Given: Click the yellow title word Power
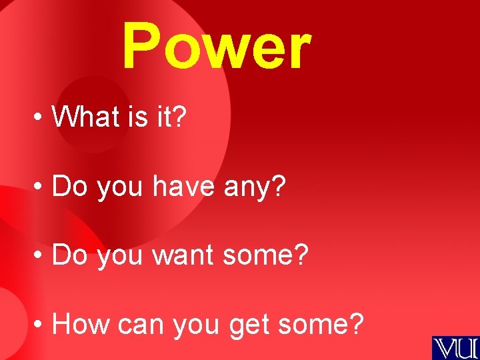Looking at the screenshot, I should [x=216, y=47].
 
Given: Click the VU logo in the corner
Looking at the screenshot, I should [x=455, y=347].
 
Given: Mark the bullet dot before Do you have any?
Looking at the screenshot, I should [x=40, y=189].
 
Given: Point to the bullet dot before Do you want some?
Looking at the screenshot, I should [x=40, y=257].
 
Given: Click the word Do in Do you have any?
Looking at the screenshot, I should [x=71, y=187].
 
